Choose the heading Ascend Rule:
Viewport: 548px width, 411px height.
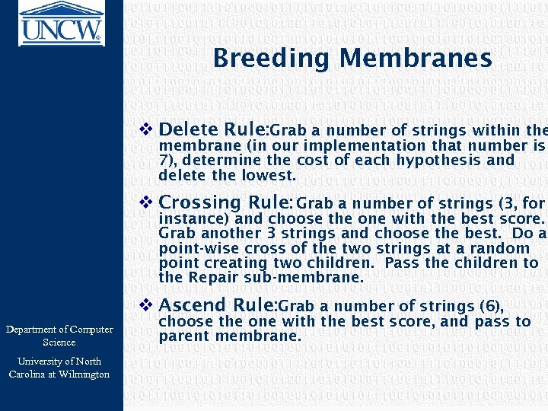coord(218,305)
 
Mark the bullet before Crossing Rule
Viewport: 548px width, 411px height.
coord(148,202)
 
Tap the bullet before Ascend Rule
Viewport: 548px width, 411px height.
coord(148,305)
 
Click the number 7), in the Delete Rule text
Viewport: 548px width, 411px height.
coord(168,161)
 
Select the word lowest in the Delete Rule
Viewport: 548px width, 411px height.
coord(269,176)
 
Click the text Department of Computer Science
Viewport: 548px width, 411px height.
coord(59,336)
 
